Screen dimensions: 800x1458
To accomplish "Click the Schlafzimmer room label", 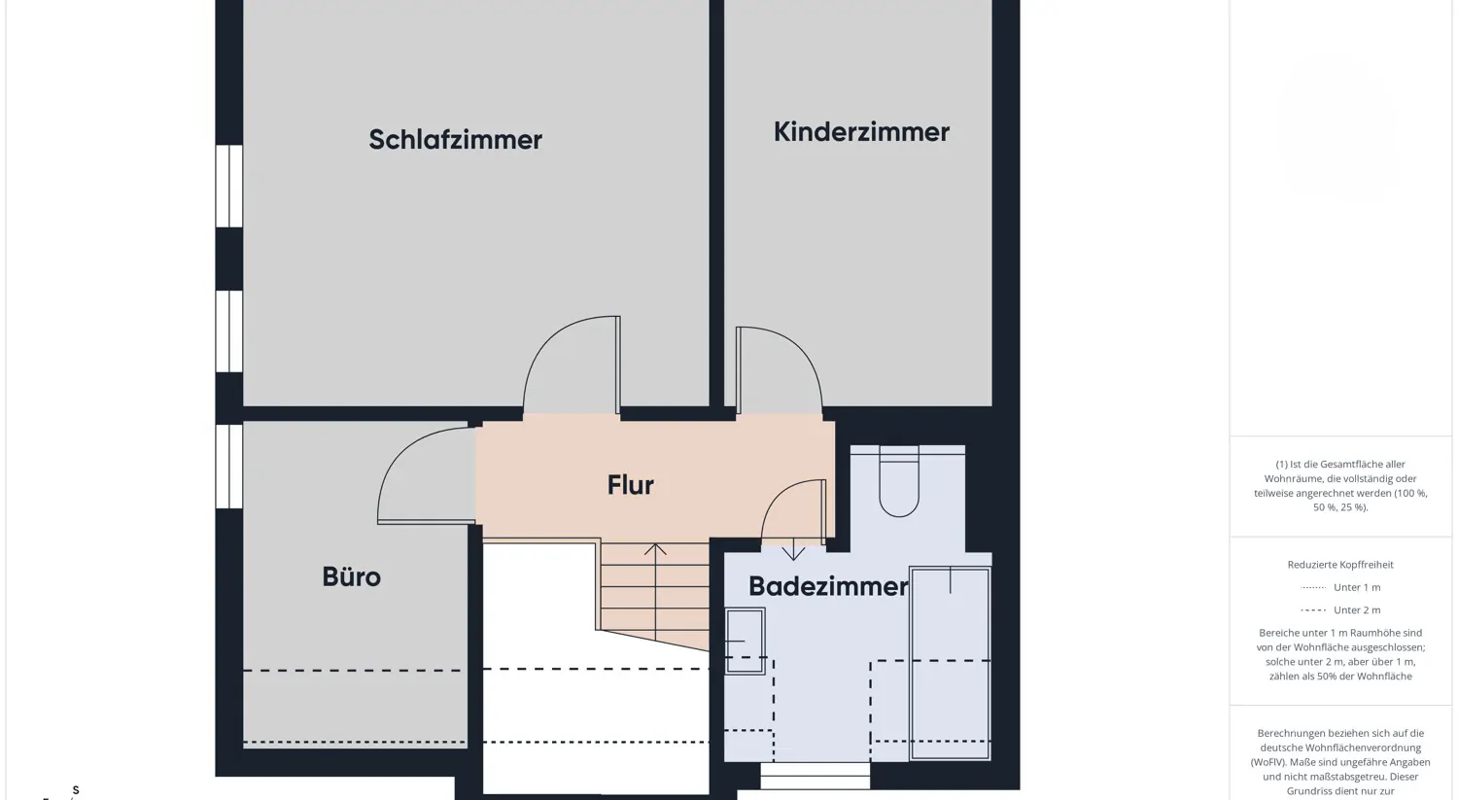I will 455,140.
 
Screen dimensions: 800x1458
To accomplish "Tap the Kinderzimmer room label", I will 861,132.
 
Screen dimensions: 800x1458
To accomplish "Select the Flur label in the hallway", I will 630,485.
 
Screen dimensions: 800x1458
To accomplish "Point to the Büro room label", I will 351,577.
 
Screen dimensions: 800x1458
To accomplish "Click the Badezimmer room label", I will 828,586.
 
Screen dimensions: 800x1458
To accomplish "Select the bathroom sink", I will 745,641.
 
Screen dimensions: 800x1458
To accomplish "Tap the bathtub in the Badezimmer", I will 950,663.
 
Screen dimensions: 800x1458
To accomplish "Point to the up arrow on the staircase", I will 655,550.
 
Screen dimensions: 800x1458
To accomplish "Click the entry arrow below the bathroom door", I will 793,551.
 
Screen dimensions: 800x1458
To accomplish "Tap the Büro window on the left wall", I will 229,467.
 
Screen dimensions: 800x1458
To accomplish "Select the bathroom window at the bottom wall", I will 815,776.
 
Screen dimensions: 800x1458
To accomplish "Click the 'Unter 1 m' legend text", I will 1357,587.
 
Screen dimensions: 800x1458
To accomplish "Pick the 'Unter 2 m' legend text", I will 1357,610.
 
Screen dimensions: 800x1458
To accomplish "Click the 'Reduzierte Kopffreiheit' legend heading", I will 1340,565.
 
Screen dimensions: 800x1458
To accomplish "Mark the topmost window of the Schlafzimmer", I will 229,186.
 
